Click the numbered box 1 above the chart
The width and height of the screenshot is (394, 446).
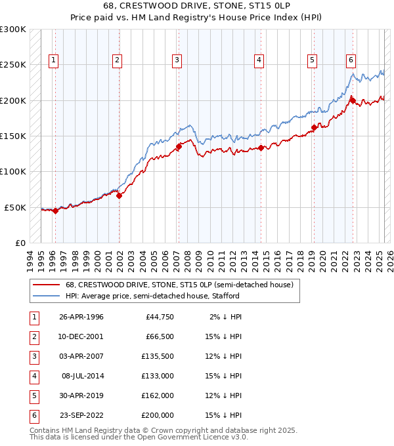tap(53, 60)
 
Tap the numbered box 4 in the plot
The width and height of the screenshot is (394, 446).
tap(259, 60)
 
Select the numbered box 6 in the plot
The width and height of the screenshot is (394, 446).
tap(351, 60)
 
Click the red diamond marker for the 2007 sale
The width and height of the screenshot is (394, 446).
tap(179, 147)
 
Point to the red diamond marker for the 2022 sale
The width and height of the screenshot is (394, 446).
tap(353, 100)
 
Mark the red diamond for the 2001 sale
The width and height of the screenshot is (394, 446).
tap(120, 195)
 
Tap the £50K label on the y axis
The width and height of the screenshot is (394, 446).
tap(16, 207)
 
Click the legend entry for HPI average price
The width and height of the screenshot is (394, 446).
tap(152, 296)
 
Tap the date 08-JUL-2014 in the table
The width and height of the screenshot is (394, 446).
tap(83, 376)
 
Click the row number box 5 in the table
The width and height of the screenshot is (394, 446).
tap(33, 396)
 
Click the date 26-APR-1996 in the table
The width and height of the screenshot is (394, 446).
tap(81, 317)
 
